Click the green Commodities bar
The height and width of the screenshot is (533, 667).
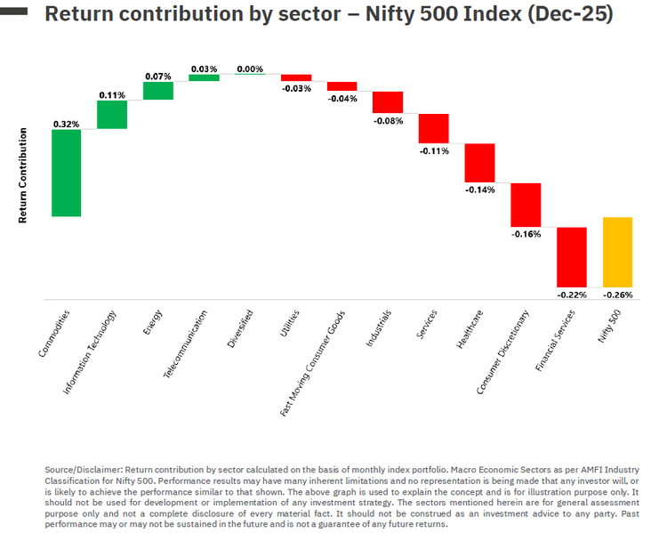point(67,173)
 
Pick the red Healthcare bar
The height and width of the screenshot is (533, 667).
point(479,163)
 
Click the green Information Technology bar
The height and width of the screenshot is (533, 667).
point(112,115)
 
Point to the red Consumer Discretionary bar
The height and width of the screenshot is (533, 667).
point(526,205)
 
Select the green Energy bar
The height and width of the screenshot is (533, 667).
point(158,91)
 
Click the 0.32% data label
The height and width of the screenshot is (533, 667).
point(67,124)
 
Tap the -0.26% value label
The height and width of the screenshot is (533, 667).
point(617,295)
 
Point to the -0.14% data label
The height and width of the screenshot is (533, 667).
point(479,190)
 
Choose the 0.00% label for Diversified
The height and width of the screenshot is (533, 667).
point(250,69)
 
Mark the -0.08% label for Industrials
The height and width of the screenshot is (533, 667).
point(388,120)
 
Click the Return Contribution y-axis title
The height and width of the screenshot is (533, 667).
point(23,174)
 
